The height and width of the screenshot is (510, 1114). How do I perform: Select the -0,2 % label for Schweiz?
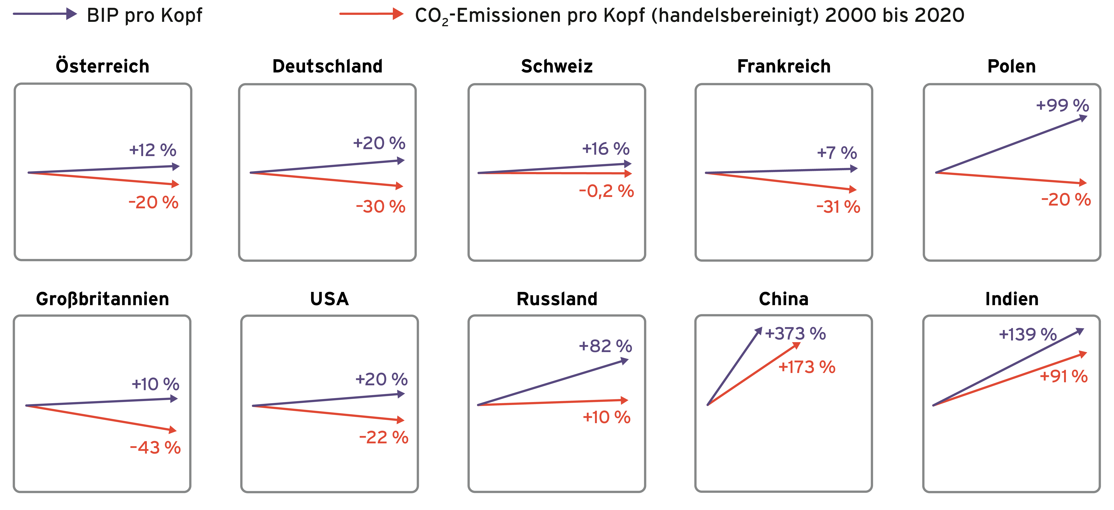tap(606, 191)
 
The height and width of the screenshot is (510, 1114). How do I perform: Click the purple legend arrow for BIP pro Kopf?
tap(45, 14)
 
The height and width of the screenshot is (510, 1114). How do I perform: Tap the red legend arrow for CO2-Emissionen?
tap(371, 14)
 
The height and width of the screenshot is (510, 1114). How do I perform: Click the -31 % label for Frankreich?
tap(838, 207)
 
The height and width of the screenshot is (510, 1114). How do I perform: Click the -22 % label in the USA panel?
tap(384, 437)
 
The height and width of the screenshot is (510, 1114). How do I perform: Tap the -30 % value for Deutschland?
tap(381, 207)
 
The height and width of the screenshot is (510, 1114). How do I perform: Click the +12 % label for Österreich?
tap(153, 150)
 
